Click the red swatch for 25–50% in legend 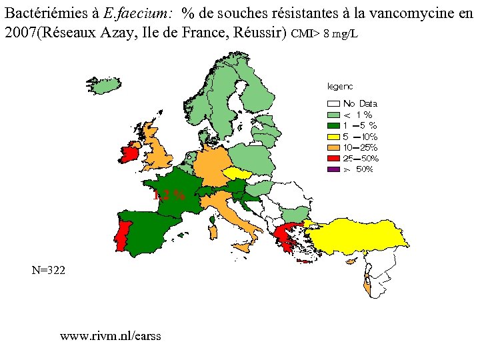click(x=333, y=158)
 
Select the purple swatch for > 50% click(x=333, y=169)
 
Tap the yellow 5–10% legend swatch click(x=333, y=136)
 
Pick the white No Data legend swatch click(x=333, y=103)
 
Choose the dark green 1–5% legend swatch click(x=333, y=125)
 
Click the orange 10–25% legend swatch click(x=333, y=147)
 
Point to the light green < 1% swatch click(x=333, y=114)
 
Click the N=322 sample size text click(x=49, y=270)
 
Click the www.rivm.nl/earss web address click(x=110, y=335)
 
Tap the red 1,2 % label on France click(x=169, y=195)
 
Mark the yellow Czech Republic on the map click(x=236, y=173)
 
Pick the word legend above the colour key click(x=339, y=86)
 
